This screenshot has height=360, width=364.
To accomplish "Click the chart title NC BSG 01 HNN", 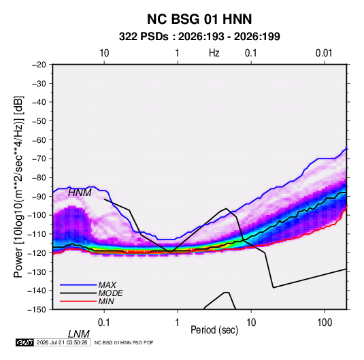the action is tap(199, 19).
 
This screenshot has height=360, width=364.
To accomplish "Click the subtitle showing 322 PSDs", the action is tap(199, 37).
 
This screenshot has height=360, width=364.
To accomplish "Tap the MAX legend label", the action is tap(107, 284).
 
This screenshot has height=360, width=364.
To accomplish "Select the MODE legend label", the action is tap(110, 293).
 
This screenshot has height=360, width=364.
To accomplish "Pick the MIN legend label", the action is tap(106, 301).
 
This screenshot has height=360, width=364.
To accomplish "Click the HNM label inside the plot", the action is tap(80, 193).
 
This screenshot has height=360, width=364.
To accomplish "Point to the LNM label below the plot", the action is tap(78, 334).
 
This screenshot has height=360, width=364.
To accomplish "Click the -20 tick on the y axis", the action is tap(39, 65).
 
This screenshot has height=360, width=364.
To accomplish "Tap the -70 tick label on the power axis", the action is tap(39, 159).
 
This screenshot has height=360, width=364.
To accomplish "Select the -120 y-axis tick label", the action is tap(37, 253).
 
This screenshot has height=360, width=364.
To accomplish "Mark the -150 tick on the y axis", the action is tap(37, 310).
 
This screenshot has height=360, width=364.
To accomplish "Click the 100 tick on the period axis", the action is tap(325, 323).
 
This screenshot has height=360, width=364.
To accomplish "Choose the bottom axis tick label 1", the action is tap(178, 323).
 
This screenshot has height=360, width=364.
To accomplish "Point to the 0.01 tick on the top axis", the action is tap(324, 53).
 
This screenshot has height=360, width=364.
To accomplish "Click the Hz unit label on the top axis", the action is tap(214, 53).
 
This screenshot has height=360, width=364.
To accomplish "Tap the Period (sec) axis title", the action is tap(214, 330).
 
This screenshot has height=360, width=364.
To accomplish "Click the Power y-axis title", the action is tap(18, 187).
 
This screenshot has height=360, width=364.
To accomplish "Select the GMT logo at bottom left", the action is tap(24, 342).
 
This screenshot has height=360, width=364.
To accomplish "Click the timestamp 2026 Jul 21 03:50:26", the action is tap(62, 342).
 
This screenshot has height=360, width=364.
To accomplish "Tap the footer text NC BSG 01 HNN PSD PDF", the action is tap(124, 342).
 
